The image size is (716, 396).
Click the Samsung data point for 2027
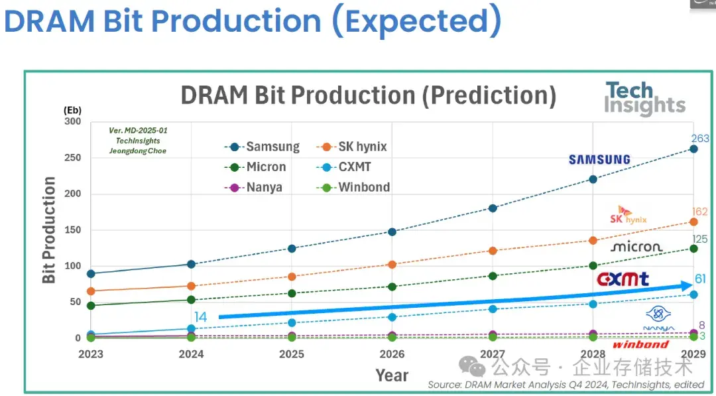click(x=493, y=208)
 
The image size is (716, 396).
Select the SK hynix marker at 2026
click(x=392, y=265)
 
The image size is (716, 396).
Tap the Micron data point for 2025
click(x=292, y=293)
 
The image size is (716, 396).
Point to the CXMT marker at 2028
click(x=593, y=304)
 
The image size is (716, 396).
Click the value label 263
click(x=699, y=139)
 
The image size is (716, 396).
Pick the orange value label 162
click(x=699, y=212)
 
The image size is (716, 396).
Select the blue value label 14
click(x=201, y=318)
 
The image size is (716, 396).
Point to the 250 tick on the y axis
click(x=72, y=158)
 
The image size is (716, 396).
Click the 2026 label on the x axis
click(x=392, y=354)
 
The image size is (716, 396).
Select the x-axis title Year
click(x=392, y=375)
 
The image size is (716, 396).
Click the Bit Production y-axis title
click(x=49, y=230)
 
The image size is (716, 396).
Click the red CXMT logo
click(x=623, y=279)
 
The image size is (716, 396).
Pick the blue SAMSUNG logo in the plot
click(x=599, y=160)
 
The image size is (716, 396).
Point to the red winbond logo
click(x=640, y=345)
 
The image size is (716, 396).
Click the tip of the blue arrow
click(x=692, y=285)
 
